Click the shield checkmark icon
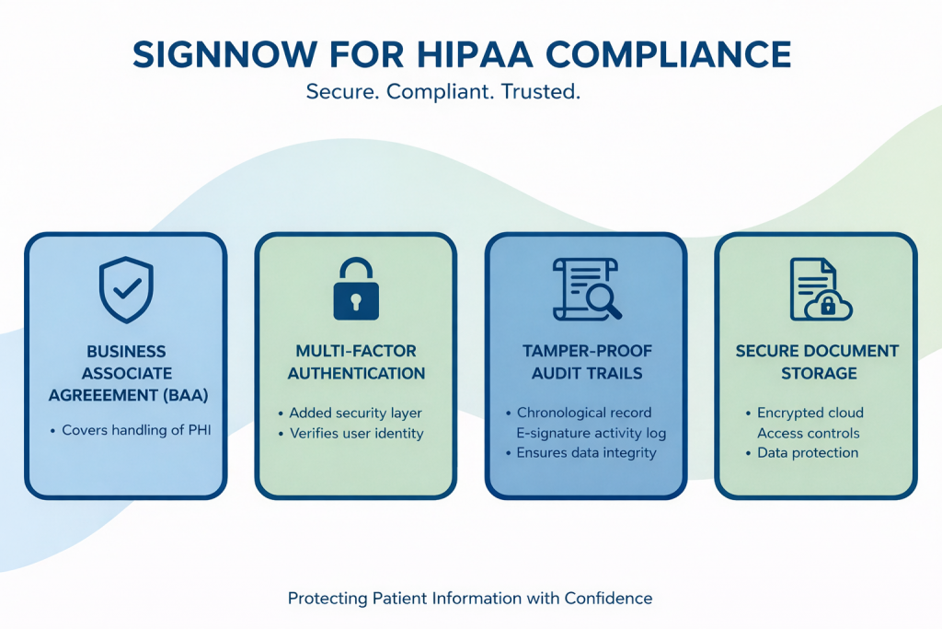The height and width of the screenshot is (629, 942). tap(126, 289)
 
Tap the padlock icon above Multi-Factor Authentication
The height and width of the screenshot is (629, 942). tap(355, 289)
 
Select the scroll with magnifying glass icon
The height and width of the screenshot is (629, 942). tap(586, 289)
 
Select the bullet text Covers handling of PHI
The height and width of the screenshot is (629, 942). tap(136, 430)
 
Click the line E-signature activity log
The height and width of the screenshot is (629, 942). tap(592, 433)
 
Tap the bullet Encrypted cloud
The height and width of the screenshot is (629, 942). tap(810, 413)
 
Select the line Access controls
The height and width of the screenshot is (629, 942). tap(809, 433)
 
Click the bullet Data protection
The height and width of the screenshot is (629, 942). tap(808, 452)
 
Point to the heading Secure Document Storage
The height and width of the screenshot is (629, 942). tap(817, 362)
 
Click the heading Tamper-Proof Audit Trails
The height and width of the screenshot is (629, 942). tap(586, 362)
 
